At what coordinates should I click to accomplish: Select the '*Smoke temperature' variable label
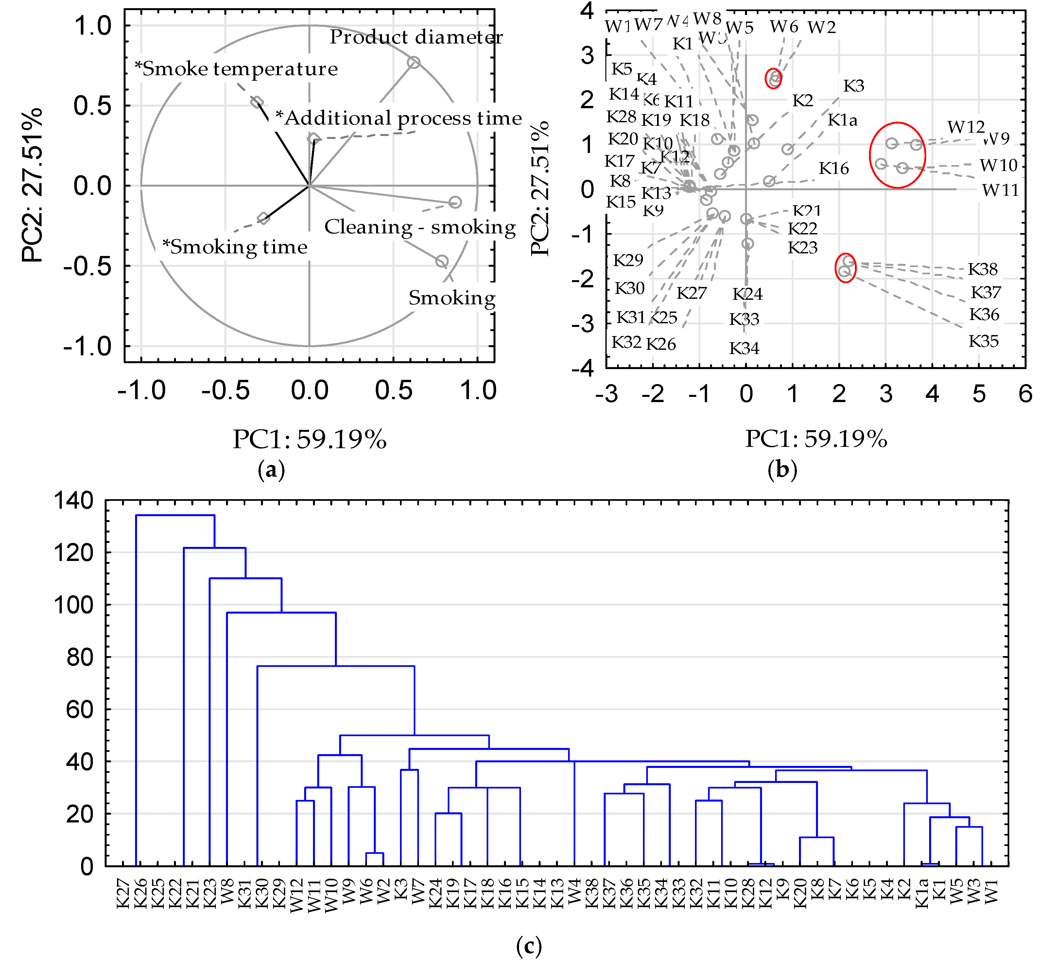236,68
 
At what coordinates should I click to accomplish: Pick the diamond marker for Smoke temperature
256,102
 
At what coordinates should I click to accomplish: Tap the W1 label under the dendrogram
991,891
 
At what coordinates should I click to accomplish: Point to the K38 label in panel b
982,269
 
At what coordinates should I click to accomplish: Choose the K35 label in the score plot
983,342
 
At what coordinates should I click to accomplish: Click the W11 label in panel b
1000,190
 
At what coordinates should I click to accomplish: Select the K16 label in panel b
833,168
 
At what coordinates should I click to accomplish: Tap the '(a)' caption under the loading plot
271,470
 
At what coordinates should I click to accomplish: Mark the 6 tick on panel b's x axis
1025,394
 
